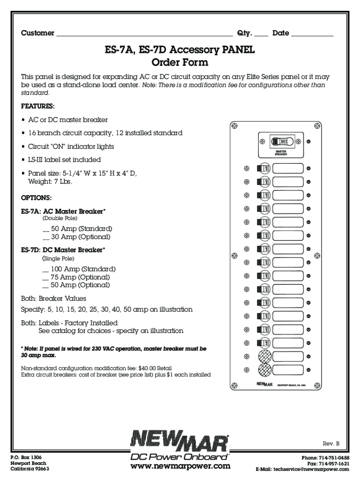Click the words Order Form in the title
[180, 62]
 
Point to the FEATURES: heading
[38, 106]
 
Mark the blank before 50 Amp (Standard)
[46, 229]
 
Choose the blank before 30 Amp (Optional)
[46, 237]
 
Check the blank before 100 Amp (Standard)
[46, 269]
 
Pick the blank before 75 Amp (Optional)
[46, 277]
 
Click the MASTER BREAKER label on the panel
[281, 153]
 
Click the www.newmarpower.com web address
[180, 466]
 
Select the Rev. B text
[331, 443]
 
